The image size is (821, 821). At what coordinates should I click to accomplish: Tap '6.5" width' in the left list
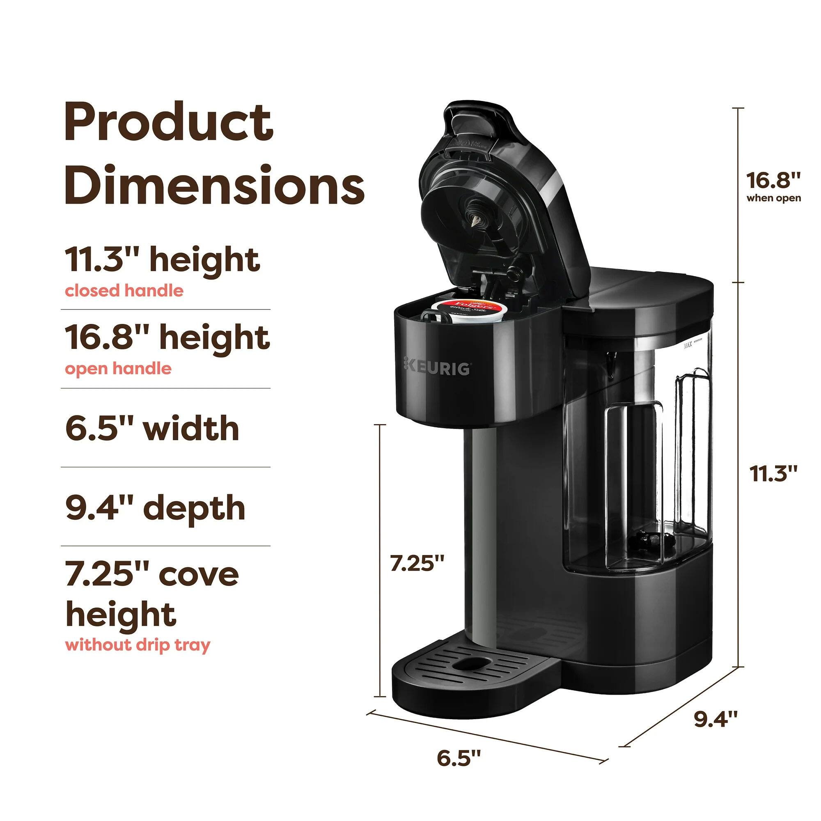[152, 429]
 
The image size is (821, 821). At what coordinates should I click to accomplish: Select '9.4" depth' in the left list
[155, 508]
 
